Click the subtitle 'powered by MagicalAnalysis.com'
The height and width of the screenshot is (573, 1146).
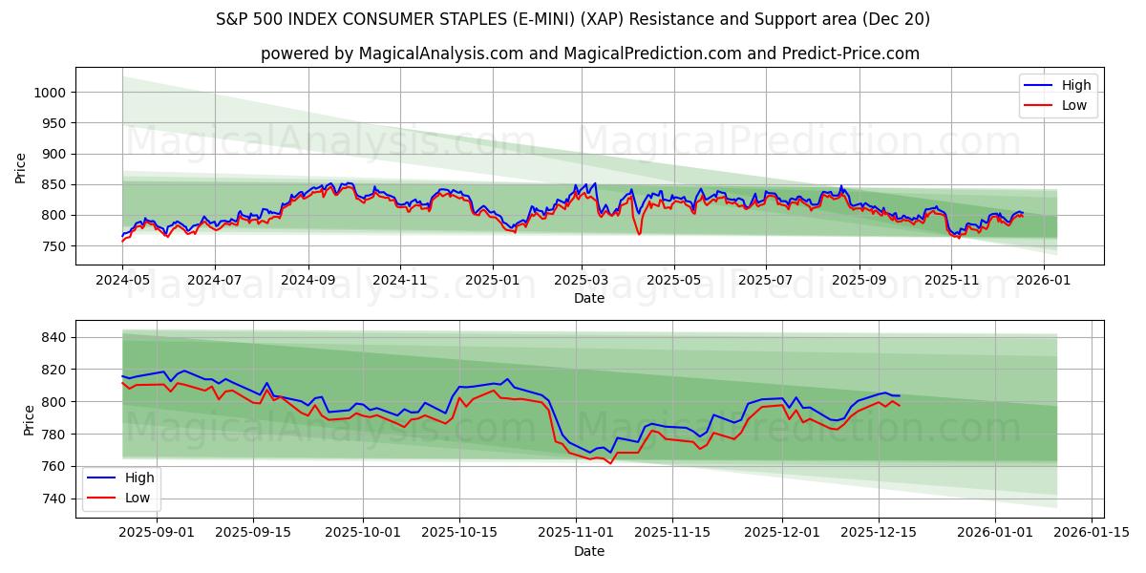[589, 53]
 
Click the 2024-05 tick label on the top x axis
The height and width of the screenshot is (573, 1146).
[122, 280]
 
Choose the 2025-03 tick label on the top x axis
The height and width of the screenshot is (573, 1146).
[582, 280]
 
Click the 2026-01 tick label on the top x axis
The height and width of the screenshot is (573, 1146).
[1043, 280]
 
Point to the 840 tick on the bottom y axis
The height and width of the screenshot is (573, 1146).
[53, 337]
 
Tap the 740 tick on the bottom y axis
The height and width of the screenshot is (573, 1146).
[53, 499]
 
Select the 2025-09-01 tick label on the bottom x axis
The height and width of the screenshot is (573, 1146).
[157, 533]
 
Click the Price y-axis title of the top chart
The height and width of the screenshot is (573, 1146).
[21, 168]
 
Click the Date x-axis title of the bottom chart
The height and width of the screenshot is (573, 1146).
[589, 551]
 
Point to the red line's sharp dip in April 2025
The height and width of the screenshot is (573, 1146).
[639, 234]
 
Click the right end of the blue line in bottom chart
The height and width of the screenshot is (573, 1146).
[899, 395]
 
